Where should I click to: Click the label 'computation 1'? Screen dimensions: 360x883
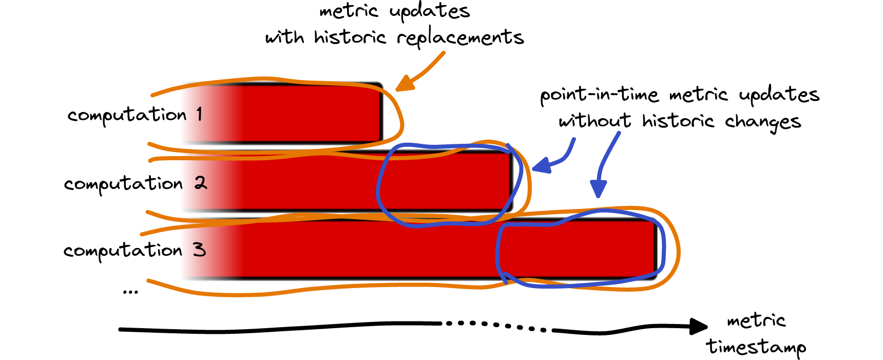(x=135, y=115)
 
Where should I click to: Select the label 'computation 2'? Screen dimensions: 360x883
(x=135, y=184)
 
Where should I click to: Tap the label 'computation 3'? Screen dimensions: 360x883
(x=135, y=251)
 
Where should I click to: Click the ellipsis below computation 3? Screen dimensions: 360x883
(x=130, y=292)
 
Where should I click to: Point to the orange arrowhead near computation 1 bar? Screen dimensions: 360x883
(x=404, y=84)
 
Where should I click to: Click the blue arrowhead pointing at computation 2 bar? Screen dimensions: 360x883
(x=541, y=166)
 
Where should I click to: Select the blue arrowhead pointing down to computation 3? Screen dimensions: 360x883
(x=598, y=188)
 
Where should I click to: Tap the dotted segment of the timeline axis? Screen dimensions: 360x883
(x=496, y=326)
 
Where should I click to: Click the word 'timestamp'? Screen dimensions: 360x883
(x=756, y=347)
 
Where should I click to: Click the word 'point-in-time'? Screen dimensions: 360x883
(x=599, y=95)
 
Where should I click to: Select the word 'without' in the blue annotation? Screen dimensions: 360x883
(x=594, y=121)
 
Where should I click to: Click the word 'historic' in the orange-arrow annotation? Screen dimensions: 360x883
(x=350, y=37)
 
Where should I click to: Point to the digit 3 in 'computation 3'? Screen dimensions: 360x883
(x=199, y=250)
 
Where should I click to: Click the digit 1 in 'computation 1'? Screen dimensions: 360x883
(x=199, y=114)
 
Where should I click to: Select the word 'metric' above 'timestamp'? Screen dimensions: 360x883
(x=756, y=321)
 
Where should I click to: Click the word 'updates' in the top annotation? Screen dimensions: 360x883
(x=430, y=11)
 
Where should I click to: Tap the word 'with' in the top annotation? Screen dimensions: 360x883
(x=284, y=37)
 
